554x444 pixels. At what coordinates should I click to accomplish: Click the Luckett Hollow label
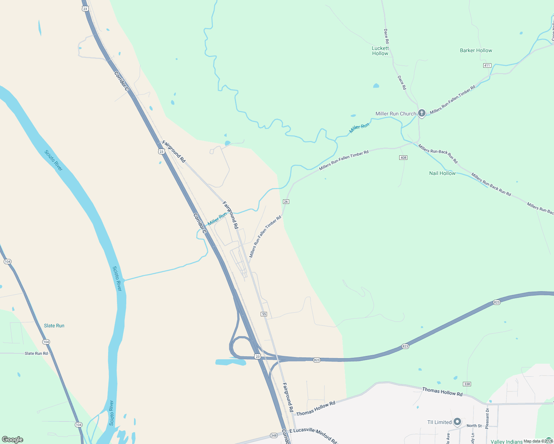click(380, 51)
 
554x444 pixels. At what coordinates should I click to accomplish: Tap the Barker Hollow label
click(476, 50)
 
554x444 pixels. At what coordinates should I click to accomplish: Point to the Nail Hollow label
click(442, 173)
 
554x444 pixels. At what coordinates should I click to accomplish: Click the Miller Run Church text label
click(396, 114)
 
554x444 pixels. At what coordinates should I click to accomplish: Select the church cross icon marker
click(421, 113)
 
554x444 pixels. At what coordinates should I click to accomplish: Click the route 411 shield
click(487, 65)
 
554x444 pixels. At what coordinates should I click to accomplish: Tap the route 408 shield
click(403, 158)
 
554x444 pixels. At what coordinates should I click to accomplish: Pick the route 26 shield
click(286, 202)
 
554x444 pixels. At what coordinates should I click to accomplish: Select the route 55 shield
click(264, 314)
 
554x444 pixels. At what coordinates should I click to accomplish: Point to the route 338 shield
click(467, 384)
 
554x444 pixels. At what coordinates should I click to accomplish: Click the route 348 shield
click(274, 435)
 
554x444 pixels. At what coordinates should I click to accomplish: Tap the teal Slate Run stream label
click(54, 326)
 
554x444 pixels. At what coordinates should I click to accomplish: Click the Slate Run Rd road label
click(36, 353)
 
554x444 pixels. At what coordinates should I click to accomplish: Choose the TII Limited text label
click(439, 422)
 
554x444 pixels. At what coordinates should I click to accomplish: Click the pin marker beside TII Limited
click(457, 422)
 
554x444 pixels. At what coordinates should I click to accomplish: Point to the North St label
click(474, 426)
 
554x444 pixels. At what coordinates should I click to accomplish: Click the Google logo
click(13, 440)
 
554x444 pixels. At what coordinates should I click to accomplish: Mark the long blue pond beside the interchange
click(230, 362)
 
